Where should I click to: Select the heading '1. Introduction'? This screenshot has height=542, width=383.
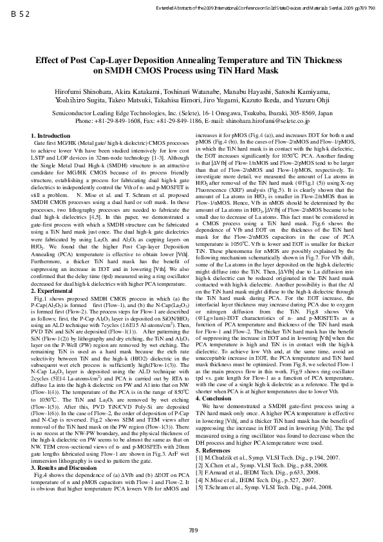click(51, 136)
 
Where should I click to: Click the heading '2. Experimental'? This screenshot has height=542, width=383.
click(52, 292)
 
